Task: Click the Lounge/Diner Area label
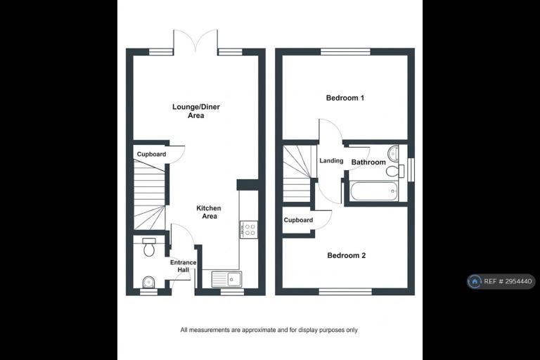[x=196, y=111]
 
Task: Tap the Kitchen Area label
[x=209, y=212]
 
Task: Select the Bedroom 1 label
[x=345, y=98]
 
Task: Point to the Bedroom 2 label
[x=347, y=255]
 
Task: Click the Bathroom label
[x=368, y=162]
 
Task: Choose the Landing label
[x=331, y=160]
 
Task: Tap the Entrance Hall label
[x=184, y=266]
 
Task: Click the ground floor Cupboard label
[x=152, y=154]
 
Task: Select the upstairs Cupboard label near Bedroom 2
[x=298, y=220]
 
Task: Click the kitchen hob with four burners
[x=249, y=229]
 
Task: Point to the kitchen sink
[x=226, y=278]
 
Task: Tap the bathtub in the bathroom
[x=374, y=191]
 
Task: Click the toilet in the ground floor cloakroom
[x=149, y=247]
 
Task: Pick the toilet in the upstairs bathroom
[x=394, y=171]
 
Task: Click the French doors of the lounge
[x=195, y=41]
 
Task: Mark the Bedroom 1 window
[x=345, y=51]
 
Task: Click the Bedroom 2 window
[x=345, y=292]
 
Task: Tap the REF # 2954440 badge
[x=501, y=281]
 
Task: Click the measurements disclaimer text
[x=269, y=330]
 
